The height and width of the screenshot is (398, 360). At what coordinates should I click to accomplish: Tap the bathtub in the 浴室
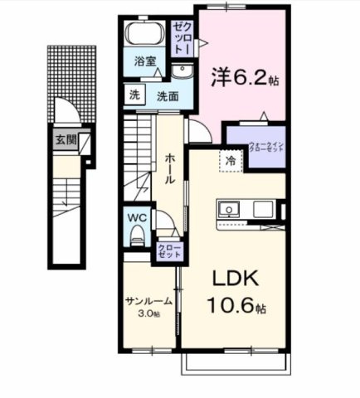coord(144,37)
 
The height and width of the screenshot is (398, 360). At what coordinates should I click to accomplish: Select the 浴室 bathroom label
coord(145,61)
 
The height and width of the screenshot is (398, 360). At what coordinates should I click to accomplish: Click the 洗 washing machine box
coord(134,95)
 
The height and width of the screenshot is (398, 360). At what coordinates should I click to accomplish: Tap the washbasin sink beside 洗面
coord(183,69)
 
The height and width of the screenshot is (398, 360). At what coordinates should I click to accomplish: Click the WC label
coord(136,218)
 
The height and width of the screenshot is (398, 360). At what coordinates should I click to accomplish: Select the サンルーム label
coord(149,301)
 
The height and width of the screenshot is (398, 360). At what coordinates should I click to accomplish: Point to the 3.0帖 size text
coord(149,313)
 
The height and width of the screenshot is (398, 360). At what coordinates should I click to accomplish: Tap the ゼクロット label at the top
coord(182,38)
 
